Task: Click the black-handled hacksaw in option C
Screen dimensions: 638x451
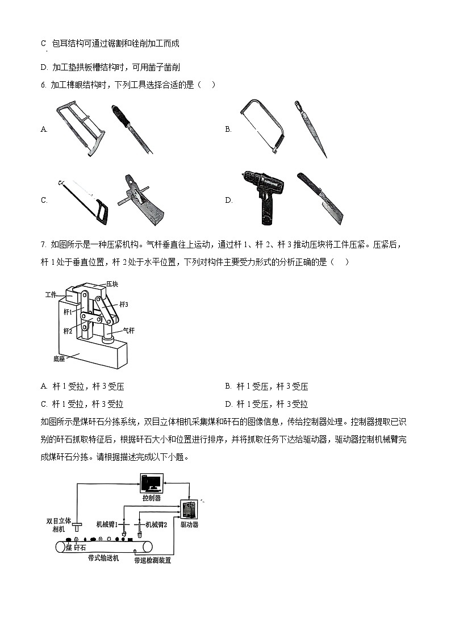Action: pos(83,202)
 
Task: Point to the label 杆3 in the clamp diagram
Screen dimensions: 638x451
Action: pos(124,305)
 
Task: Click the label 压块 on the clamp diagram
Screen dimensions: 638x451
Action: pos(111,283)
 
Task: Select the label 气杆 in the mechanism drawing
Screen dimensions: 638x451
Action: pos(129,330)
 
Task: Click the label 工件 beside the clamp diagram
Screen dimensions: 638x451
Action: pos(51,294)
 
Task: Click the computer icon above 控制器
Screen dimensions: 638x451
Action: pos(152,483)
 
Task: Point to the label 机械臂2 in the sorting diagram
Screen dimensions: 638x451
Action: pos(157,525)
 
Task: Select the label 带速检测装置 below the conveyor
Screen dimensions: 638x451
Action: pos(152,560)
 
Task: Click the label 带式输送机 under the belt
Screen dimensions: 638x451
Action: pos(103,558)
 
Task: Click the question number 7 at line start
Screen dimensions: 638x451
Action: pos(44,244)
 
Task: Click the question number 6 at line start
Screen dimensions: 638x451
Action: pos(44,85)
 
